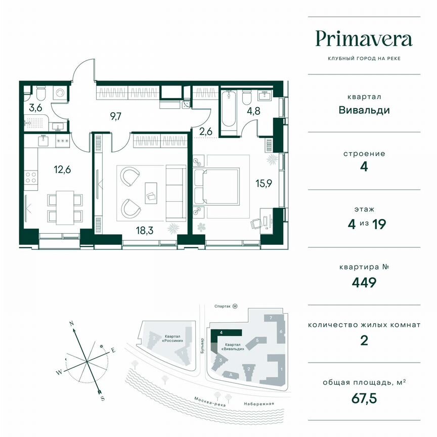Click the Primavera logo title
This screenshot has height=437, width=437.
[x=364, y=38]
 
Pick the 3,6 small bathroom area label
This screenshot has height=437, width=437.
[x=35, y=107]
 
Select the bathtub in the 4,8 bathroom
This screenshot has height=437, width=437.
[x=228, y=109]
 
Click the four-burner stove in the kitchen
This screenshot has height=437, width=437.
[x=31, y=177]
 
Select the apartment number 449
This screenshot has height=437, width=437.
[x=364, y=282]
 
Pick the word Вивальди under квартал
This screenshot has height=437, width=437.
[x=364, y=110]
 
